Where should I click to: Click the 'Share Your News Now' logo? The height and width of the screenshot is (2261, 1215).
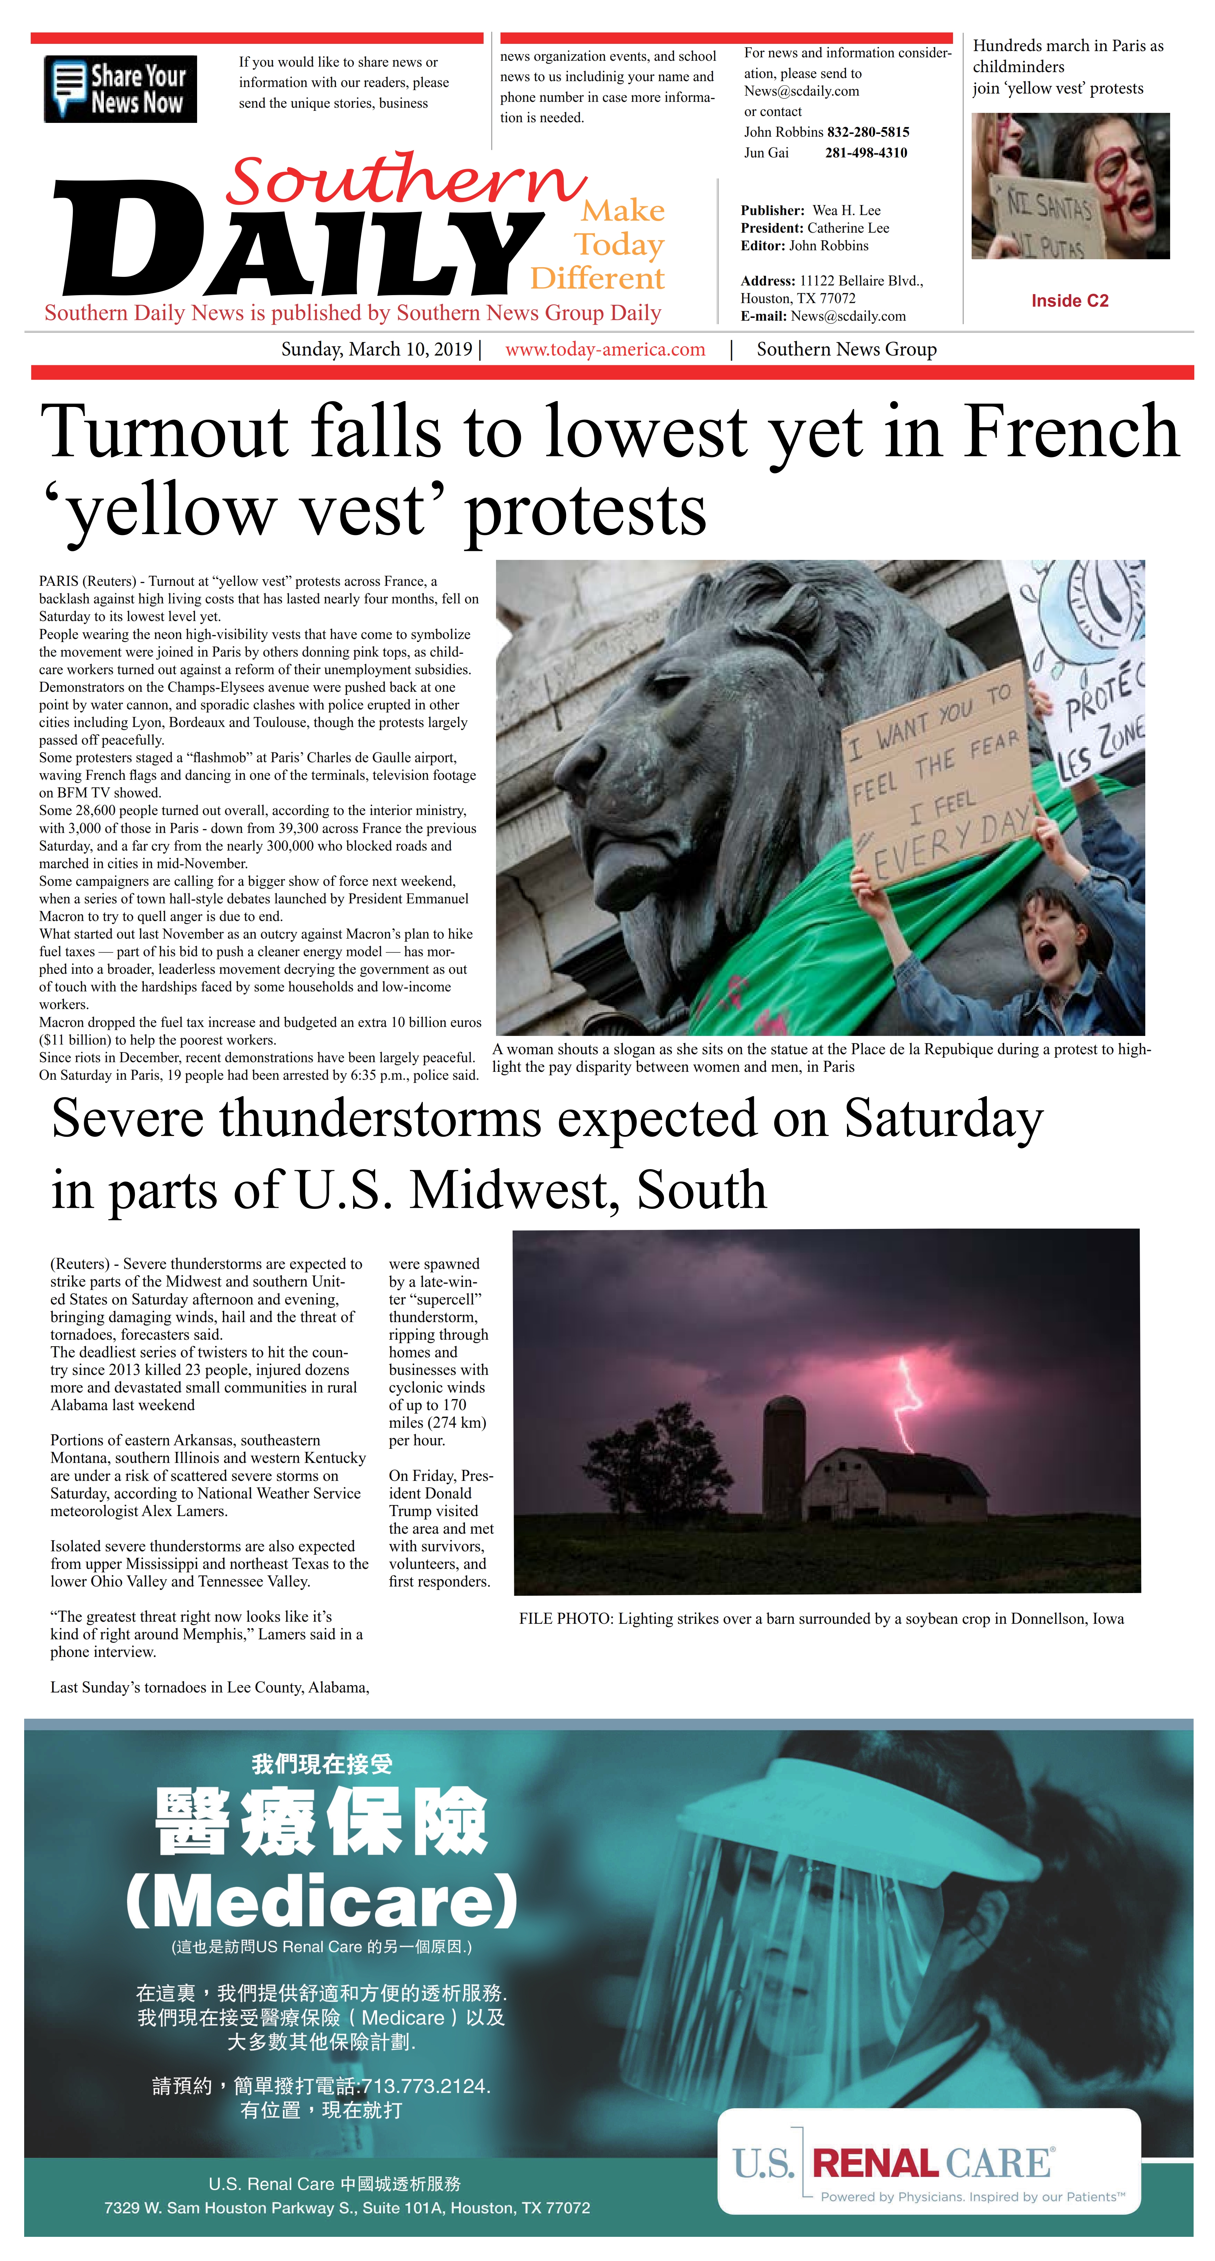(x=120, y=89)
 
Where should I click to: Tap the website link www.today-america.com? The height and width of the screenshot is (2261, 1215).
(x=605, y=349)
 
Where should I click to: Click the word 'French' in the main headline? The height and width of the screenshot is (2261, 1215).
(x=1071, y=432)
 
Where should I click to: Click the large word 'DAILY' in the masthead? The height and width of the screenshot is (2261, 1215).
(x=299, y=241)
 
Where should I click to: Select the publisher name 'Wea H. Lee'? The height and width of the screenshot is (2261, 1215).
(x=846, y=211)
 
